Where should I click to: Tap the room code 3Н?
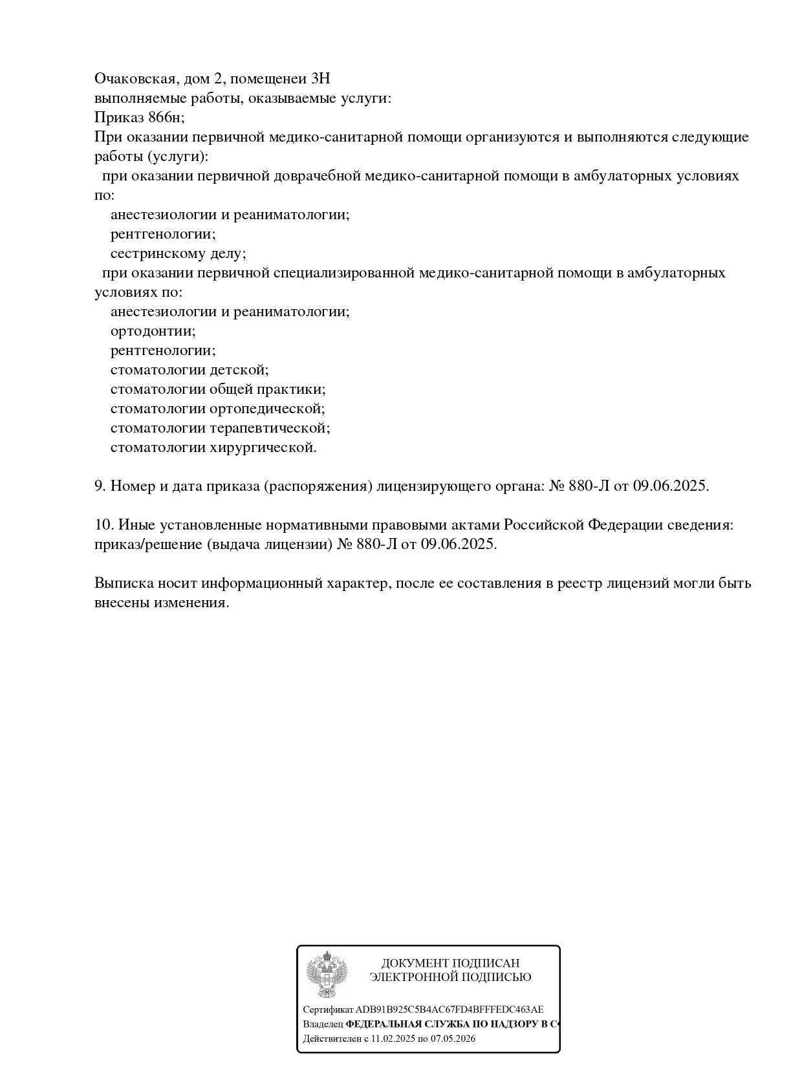click(320, 79)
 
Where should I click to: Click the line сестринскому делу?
click(178, 253)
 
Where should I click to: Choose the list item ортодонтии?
click(153, 331)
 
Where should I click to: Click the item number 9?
click(100, 486)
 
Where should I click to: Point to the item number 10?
click(103, 525)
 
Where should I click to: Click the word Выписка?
click(123, 583)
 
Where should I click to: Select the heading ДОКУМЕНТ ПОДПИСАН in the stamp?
click(450, 964)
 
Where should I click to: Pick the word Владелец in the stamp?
click(323, 1024)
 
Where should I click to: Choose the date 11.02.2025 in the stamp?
click(393, 1039)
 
